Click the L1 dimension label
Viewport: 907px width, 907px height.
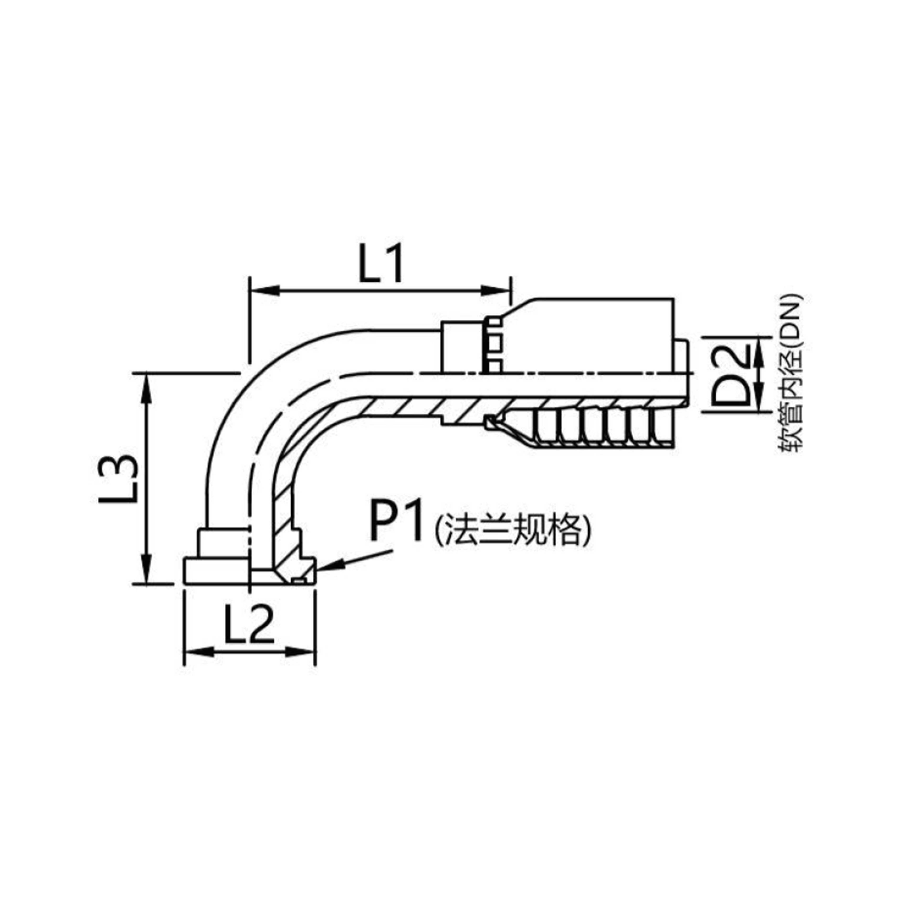click(x=380, y=264)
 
